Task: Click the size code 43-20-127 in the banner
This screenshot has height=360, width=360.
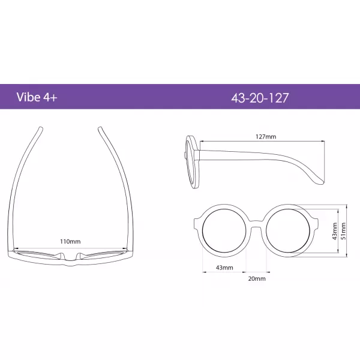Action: click(260, 97)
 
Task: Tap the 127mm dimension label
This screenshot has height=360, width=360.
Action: click(266, 137)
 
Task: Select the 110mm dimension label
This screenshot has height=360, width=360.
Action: click(70, 241)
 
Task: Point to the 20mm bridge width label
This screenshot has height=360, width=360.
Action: click(256, 278)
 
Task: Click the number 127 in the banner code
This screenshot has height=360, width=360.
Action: click(277, 97)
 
